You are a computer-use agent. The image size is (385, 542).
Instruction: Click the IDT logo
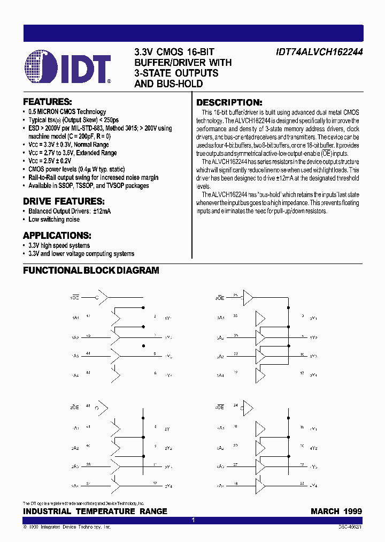pyautogui.click(x=67, y=67)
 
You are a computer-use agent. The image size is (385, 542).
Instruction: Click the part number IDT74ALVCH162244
pyautogui.click(x=319, y=52)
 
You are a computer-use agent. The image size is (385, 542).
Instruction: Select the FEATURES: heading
pyautogui.click(x=47, y=101)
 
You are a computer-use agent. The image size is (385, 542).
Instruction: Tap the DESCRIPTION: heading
pyautogui.click(x=229, y=102)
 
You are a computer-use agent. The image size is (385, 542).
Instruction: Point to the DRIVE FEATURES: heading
pyautogui.click(x=63, y=201)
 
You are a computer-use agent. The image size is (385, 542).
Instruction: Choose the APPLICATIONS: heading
pyautogui.click(x=57, y=236)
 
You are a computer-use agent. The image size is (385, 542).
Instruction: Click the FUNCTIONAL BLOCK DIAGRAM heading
pyautogui.click(x=91, y=270)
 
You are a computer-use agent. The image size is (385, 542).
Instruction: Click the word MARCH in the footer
pyautogui.click(x=325, y=511)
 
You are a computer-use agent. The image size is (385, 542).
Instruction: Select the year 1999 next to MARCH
pyautogui.click(x=352, y=511)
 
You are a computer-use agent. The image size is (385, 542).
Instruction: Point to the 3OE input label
pyautogui.click(x=220, y=297)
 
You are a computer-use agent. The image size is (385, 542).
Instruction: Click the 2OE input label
pyautogui.click(x=75, y=408)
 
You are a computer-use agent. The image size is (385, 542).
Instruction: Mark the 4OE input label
pyautogui.click(x=220, y=408)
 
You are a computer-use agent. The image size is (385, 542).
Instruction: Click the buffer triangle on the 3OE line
pyautogui.click(x=249, y=297)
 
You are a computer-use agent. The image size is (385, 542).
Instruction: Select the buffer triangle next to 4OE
pyautogui.click(x=249, y=408)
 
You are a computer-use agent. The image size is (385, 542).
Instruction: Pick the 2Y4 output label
pyautogui.click(x=168, y=486)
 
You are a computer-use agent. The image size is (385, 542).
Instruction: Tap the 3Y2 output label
pyautogui.click(x=313, y=337)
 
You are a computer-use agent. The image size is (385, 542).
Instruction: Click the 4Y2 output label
pyautogui.click(x=313, y=448)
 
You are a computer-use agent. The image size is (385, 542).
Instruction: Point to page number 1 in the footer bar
pyautogui.click(x=193, y=520)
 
